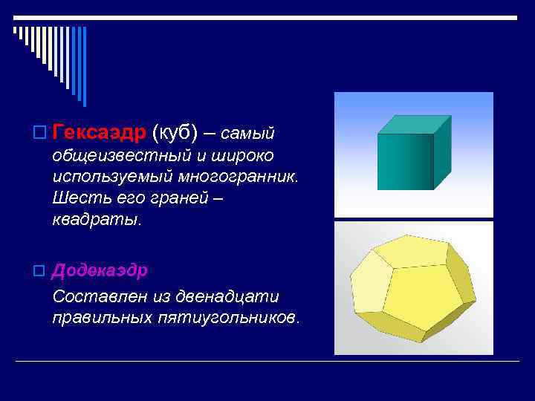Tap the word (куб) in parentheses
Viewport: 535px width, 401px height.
click(175, 132)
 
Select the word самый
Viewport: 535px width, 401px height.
click(248, 134)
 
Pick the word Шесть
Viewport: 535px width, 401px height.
click(78, 199)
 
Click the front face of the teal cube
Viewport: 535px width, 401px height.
click(404, 161)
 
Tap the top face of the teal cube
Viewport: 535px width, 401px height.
click(413, 125)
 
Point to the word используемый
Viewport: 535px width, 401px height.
click(112, 177)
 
